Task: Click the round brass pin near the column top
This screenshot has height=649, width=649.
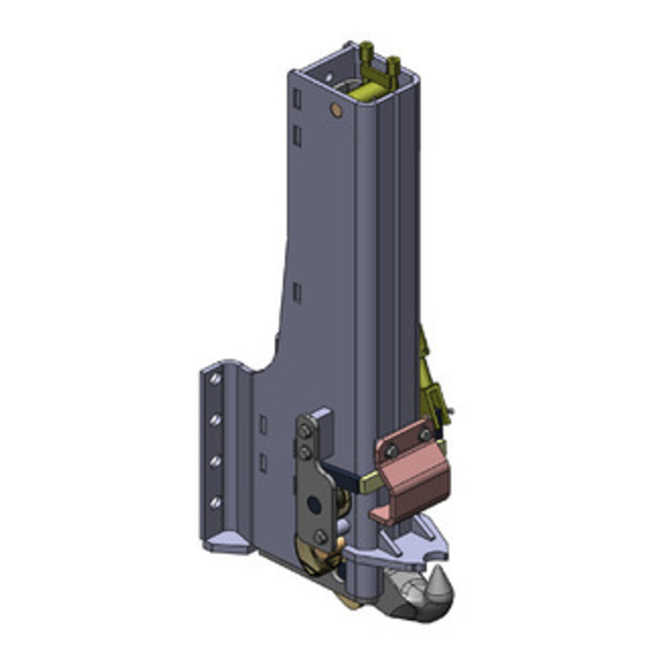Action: (x=333, y=109)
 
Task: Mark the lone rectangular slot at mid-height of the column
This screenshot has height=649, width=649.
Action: (x=297, y=292)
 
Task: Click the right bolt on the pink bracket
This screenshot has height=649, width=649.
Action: (x=425, y=435)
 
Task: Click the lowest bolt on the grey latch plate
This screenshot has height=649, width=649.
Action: (x=320, y=536)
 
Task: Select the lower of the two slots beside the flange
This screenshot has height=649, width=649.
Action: (x=263, y=462)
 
